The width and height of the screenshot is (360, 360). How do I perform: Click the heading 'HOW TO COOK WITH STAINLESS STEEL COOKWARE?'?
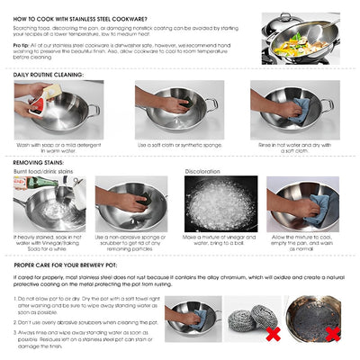[81, 18]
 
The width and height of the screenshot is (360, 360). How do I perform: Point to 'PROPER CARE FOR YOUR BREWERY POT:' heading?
[77, 265]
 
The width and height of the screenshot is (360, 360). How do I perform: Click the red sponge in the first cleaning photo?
[35, 105]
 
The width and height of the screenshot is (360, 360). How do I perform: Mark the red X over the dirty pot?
[331, 334]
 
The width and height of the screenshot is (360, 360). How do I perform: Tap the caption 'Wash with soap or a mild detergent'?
[58, 144]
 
